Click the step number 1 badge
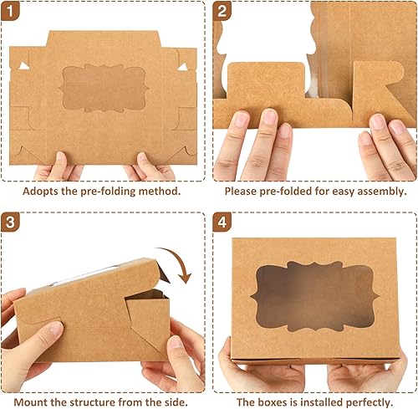[x=14, y=12]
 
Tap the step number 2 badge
[x=222, y=12]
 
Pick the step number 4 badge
[x=222, y=224]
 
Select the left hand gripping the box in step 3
[x=29, y=335]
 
